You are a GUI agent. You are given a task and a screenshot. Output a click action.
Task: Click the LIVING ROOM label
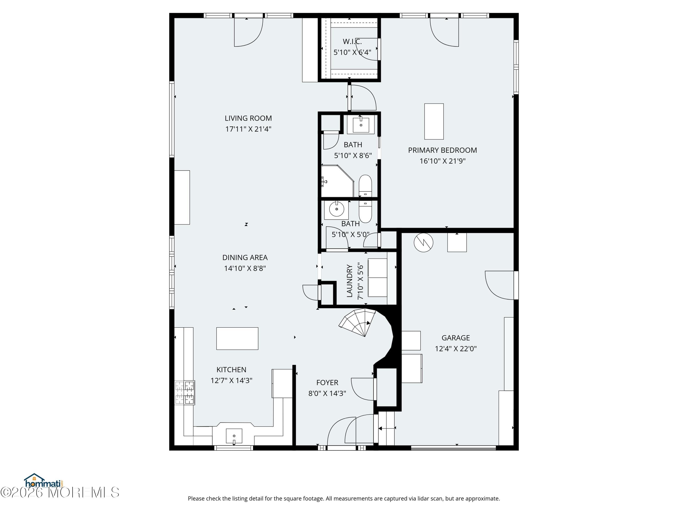point(248,118)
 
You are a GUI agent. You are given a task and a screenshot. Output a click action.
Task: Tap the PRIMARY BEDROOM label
point(442,150)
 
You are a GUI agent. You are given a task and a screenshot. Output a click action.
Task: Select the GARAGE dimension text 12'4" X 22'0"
point(456,349)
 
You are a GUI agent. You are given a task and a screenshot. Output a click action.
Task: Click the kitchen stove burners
point(185,393)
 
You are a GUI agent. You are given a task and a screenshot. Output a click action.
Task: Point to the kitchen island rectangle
point(237,338)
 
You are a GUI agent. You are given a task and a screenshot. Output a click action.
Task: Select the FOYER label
point(327,383)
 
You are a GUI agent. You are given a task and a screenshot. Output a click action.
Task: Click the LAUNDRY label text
point(350,281)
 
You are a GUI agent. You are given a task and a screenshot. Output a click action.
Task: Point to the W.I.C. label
point(352,41)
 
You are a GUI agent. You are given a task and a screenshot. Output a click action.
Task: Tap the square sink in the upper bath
point(361,125)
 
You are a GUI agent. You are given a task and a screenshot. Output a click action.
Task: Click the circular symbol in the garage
point(423,242)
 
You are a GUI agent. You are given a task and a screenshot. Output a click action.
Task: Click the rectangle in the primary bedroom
point(434,122)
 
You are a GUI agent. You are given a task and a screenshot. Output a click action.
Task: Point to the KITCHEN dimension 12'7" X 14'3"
point(231,381)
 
